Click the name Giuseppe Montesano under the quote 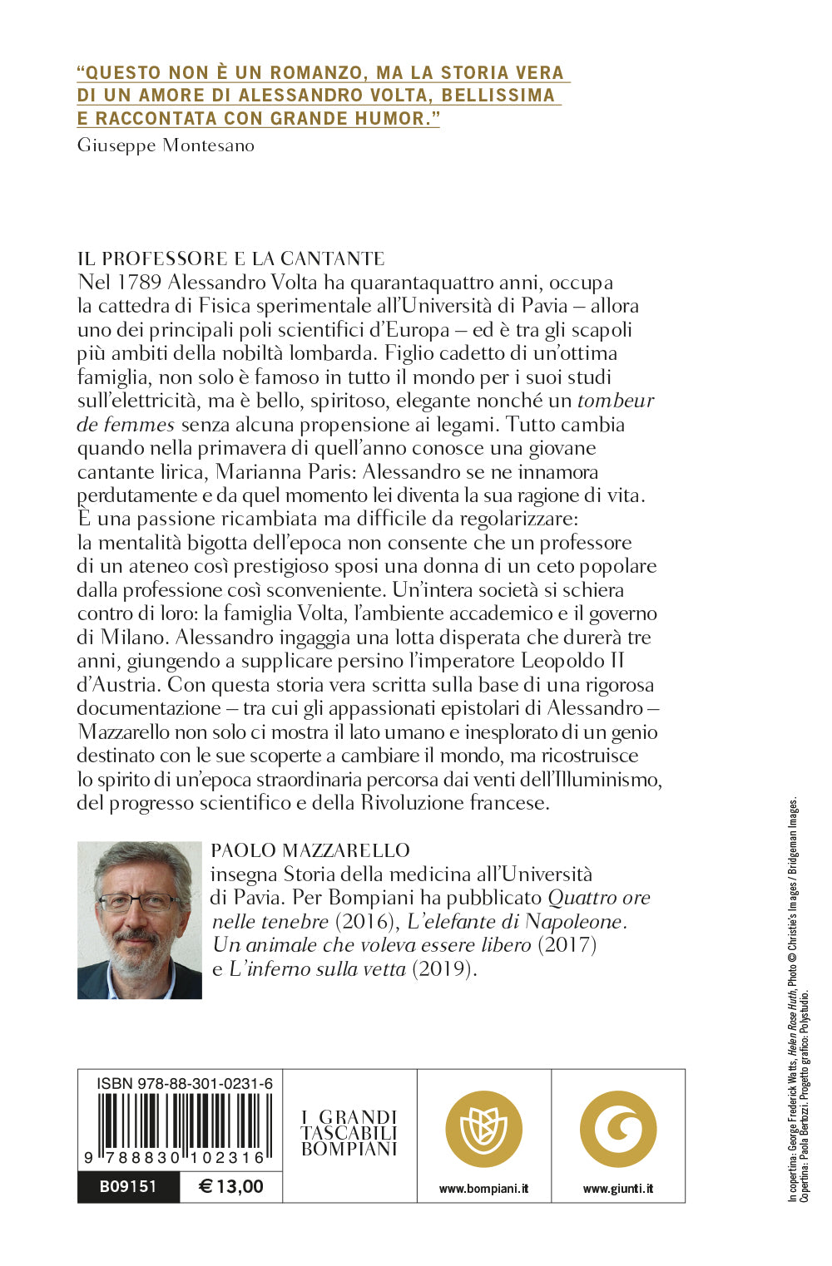click(x=166, y=145)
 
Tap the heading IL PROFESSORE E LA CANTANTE click(x=230, y=259)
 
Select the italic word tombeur click(x=615, y=401)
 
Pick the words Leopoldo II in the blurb click(x=572, y=662)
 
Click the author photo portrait click(x=140, y=920)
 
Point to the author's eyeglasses click(x=138, y=901)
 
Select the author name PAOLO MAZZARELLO click(x=310, y=850)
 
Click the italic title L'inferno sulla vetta click(x=317, y=969)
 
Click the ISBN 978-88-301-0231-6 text click(x=185, y=1083)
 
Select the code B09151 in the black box click(x=128, y=1186)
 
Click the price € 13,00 click(x=231, y=1186)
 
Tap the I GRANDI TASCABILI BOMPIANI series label click(x=349, y=1133)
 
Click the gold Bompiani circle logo click(x=484, y=1129)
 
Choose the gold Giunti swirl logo click(x=618, y=1129)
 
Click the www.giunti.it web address click(x=618, y=1189)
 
